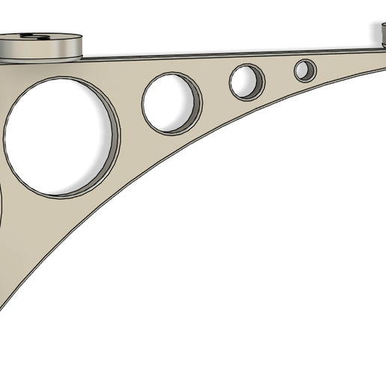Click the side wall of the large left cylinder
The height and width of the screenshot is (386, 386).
[x=41, y=51]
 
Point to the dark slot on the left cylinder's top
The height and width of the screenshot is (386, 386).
[x=35, y=36]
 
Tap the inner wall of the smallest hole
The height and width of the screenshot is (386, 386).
[x=313, y=70]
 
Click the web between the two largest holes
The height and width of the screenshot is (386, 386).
[x=131, y=112]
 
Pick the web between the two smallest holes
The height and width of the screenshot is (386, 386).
[x=278, y=75]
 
